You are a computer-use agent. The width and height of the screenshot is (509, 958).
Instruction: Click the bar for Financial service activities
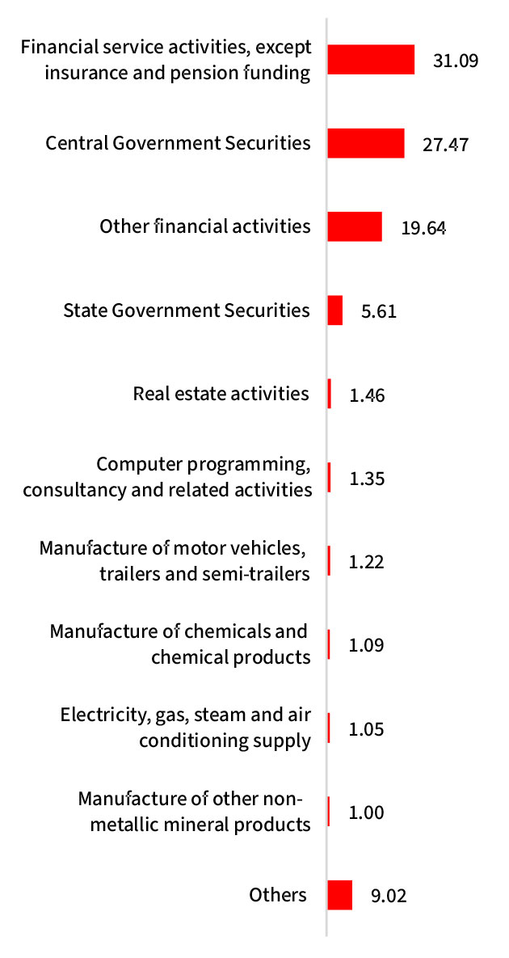371,60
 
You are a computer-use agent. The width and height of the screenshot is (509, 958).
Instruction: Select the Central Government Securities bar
366,143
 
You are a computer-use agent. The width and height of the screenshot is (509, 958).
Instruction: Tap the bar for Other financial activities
355,226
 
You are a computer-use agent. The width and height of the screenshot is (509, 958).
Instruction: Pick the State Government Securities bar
335,310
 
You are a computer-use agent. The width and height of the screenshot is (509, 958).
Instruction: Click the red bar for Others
340,895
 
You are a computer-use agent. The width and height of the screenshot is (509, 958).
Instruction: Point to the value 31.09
456,61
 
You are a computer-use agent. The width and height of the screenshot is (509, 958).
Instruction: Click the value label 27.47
445,145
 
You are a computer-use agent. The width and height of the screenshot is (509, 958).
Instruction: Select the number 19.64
423,228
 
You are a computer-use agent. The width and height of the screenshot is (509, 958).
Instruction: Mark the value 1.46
366,395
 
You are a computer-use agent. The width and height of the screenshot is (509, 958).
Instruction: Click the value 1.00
366,812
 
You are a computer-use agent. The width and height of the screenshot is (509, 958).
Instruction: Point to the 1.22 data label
366,562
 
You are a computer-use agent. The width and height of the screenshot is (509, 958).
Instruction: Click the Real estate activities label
221,394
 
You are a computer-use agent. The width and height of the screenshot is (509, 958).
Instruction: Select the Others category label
278,895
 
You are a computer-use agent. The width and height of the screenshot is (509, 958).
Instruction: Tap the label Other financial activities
205,226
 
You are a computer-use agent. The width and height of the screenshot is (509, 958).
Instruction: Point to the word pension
204,73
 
